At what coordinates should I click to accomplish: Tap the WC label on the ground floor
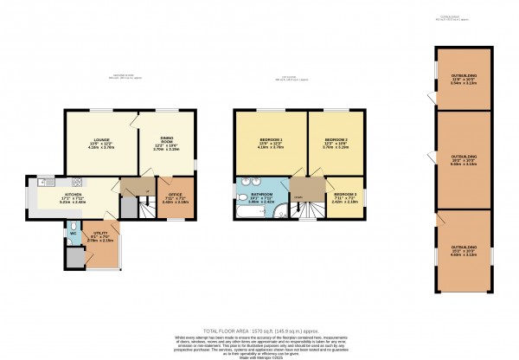coord(74,234)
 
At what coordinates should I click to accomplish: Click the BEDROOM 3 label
coord(346,196)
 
